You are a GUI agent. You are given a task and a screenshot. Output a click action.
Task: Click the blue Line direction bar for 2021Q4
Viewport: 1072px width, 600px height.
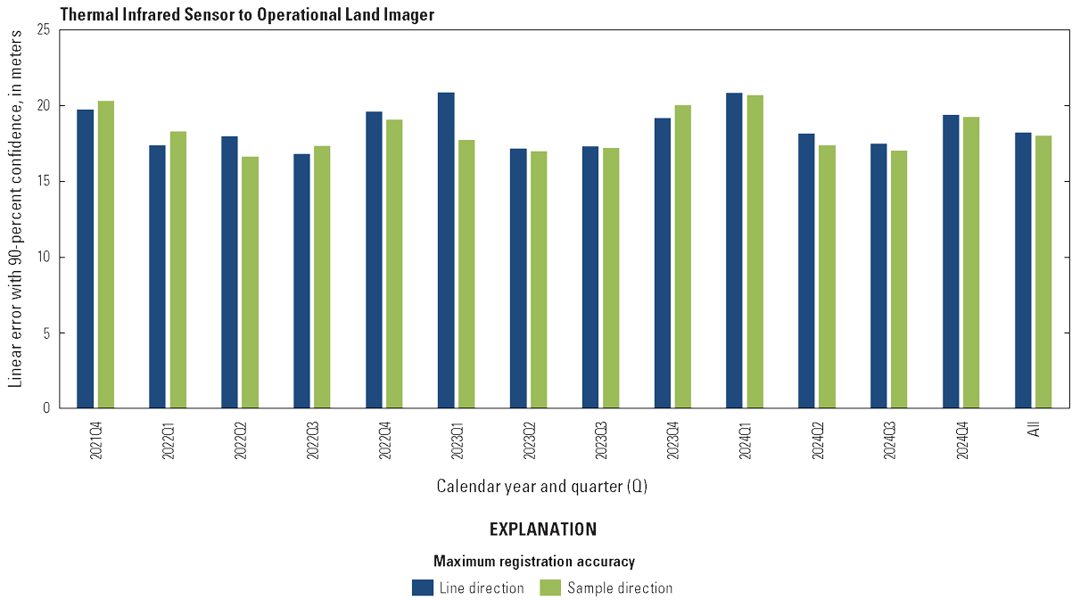click(x=86, y=259)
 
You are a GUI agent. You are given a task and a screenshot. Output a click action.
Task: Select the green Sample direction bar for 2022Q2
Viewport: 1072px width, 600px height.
click(x=250, y=283)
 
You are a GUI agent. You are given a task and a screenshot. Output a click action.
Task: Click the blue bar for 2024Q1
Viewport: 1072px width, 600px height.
click(x=734, y=251)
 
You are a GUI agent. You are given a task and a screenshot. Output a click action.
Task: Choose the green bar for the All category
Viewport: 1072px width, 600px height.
click(x=1043, y=272)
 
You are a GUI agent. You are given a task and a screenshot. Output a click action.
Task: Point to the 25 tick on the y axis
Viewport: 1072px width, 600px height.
click(x=44, y=30)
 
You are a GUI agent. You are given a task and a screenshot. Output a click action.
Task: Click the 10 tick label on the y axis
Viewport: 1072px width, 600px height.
click(x=44, y=258)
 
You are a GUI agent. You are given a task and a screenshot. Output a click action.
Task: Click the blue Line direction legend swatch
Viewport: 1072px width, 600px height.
click(x=423, y=588)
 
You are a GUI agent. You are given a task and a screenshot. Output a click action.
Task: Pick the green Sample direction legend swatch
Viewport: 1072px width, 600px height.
click(x=551, y=588)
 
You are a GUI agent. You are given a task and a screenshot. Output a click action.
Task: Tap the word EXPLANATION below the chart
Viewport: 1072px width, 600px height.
click(x=543, y=530)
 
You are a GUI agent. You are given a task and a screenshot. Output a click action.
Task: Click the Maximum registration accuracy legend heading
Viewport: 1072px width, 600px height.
click(x=534, y=562)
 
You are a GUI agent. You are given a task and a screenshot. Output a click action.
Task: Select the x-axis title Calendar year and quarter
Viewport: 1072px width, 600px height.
click(x=542, y=487)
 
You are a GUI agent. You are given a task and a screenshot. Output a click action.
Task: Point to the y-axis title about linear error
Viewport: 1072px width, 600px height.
click(x=15, y=218)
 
